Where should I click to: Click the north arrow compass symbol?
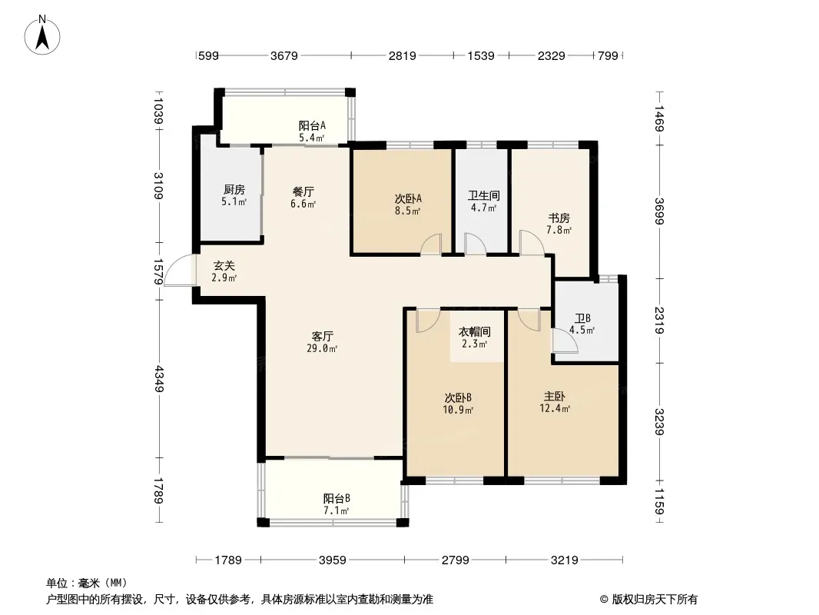42,35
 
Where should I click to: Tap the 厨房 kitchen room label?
234,190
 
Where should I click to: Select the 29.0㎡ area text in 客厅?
322,348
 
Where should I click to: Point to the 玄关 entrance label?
224,266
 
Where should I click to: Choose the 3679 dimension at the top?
283,55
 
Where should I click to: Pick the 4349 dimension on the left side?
159,379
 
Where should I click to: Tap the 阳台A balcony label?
312,126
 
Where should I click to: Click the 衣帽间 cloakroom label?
474,332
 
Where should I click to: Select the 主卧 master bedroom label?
554,397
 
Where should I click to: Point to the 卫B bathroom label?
582,318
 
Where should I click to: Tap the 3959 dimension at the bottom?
332,560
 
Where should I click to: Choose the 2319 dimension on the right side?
659,321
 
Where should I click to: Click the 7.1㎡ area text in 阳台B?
337,510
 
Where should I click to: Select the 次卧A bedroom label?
408,199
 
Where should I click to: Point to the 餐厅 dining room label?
303,191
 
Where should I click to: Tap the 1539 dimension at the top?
480,55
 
